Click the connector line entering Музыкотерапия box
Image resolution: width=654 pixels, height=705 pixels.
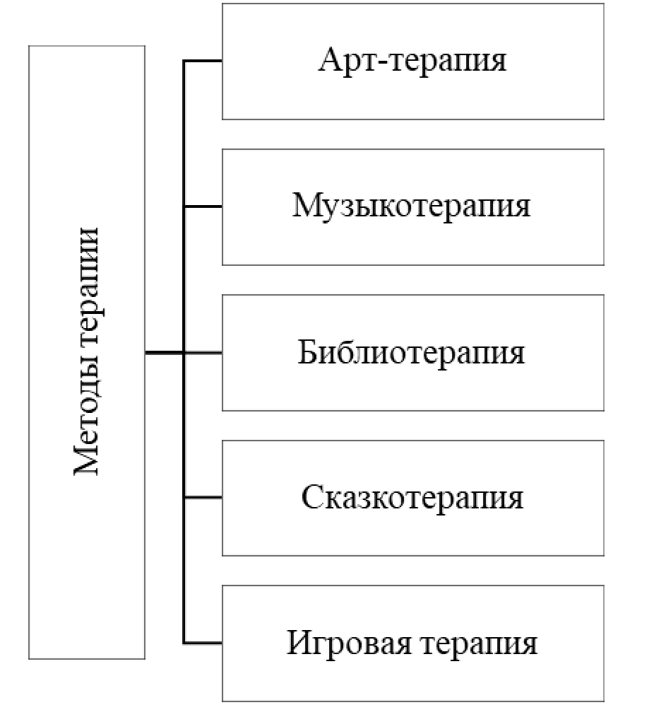(203, 206)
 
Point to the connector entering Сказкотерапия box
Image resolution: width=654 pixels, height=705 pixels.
(203, 498)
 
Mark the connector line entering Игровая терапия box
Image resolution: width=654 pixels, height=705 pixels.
(203, 643)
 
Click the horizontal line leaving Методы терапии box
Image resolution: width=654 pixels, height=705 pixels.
(164, 352)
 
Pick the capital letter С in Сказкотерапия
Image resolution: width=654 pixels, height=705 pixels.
(312, 498)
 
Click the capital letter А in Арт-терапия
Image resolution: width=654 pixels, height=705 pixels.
(331, 61)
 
